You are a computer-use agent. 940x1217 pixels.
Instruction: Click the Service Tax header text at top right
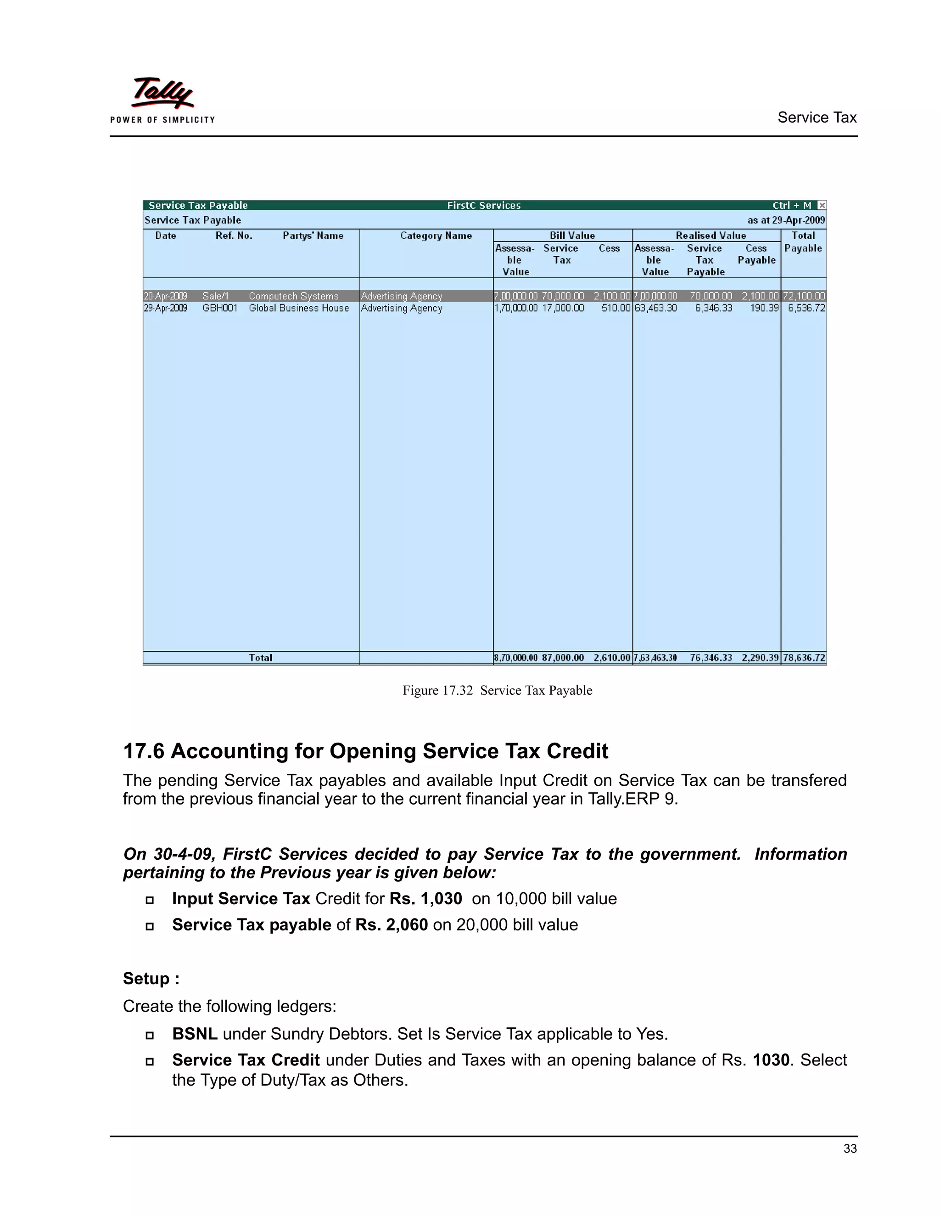817,118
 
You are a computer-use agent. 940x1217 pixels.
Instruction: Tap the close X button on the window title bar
822,205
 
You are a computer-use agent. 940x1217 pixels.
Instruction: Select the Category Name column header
436,236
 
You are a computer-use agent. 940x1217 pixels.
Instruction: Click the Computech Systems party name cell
293,296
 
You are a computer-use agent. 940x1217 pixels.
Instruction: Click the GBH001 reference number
220,308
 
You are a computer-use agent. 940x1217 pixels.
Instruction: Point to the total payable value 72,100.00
804,296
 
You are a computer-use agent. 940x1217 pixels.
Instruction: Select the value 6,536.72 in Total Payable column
806,308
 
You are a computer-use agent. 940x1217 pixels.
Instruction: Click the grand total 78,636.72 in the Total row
804,658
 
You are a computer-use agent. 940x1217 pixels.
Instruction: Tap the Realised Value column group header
711,236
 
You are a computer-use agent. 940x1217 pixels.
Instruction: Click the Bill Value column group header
572,236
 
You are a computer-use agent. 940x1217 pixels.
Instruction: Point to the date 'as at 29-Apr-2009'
786,220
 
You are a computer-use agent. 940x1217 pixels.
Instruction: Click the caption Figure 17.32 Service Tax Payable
497,690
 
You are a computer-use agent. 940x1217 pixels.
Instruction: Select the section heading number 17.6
144,751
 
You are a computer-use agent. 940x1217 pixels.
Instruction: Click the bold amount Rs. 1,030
425,899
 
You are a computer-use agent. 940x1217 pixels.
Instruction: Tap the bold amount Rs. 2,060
392,925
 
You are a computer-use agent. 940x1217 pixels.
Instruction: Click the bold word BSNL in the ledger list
194,1034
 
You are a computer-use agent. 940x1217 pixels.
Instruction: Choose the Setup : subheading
151,979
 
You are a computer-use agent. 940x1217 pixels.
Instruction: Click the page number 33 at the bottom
850,1149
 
